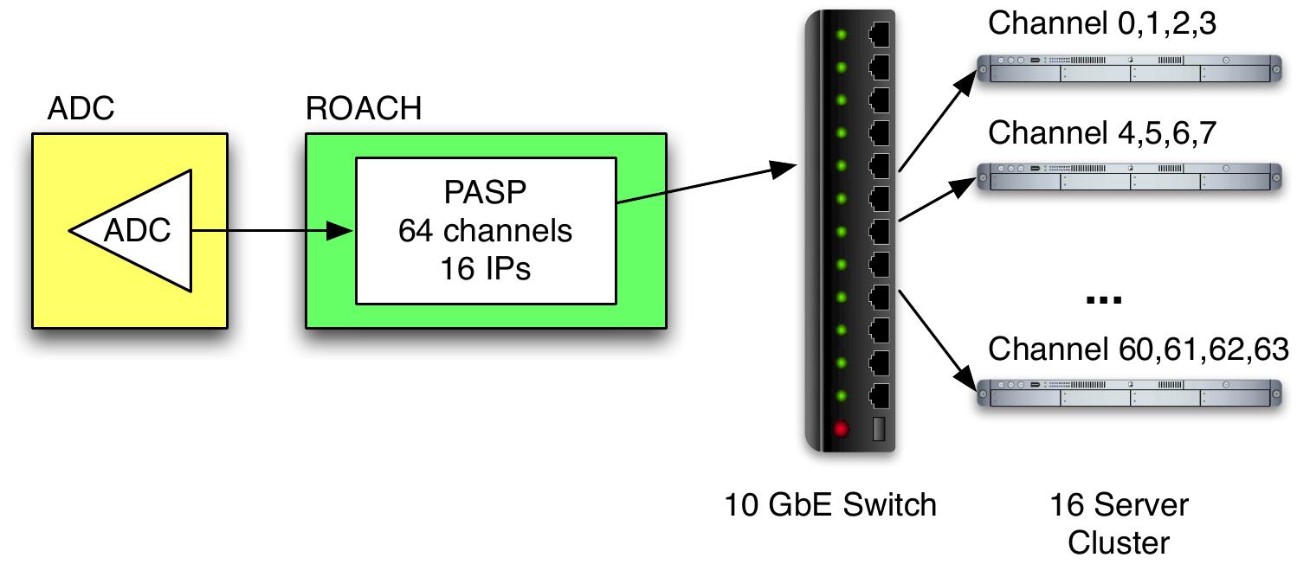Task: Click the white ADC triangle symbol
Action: coord(139,231)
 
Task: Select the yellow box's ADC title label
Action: coord(81,110)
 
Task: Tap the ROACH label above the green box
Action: coord(364,110)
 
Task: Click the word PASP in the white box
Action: coord(485,192)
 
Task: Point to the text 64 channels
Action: coord(485,231)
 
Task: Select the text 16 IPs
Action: coord(485,269)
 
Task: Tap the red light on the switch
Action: coord(839,429)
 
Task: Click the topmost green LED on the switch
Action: coord(839,35)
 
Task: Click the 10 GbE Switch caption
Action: coord(830,504)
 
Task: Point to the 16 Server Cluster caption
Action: coord(1119,523)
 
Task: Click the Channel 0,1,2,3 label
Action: coord(1102,23)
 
